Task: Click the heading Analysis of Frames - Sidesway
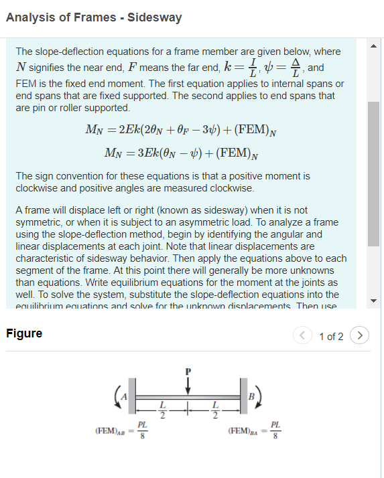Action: tap(94, 17)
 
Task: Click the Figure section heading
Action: tap(24, 333)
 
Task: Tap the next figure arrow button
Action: tap(361, 335)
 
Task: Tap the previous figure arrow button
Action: tap(305, 335)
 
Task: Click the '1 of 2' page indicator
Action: tap(332, 336)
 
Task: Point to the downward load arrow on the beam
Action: tap(188, 387)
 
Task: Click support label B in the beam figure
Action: tap(251, 396)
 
